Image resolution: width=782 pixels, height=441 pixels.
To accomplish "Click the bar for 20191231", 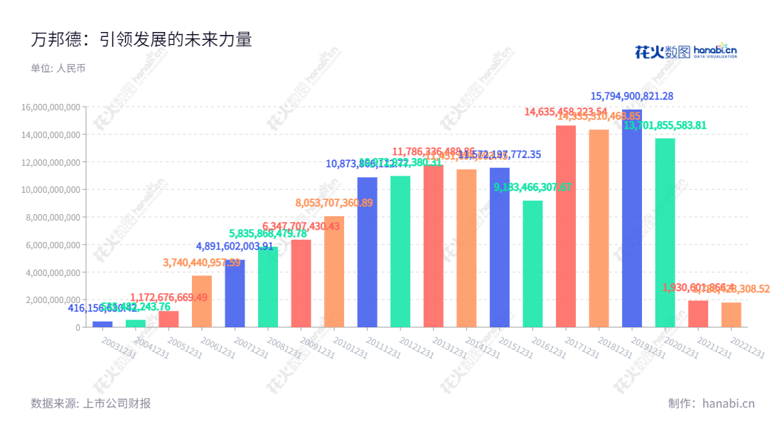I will point(632,220).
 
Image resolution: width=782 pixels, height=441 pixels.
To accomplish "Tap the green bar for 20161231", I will point(532,264).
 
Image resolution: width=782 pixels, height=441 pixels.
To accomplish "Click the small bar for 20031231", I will point(102,324).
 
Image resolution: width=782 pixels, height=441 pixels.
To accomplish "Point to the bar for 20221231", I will point(731,315).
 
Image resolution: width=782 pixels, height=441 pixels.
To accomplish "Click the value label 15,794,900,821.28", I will point(632,96).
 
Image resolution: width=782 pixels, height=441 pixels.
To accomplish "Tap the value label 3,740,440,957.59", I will point(202,262).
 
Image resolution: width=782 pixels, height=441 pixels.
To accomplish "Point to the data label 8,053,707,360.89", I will point(334,203).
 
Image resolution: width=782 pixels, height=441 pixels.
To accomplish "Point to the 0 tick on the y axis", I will point(77,328).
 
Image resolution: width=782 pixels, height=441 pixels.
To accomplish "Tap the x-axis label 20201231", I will point(680,348).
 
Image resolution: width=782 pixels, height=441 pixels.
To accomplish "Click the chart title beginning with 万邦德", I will point(141,39).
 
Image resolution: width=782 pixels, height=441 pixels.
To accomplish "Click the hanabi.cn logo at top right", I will point(685,51).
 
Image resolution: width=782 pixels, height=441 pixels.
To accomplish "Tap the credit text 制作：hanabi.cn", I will point(711,403).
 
